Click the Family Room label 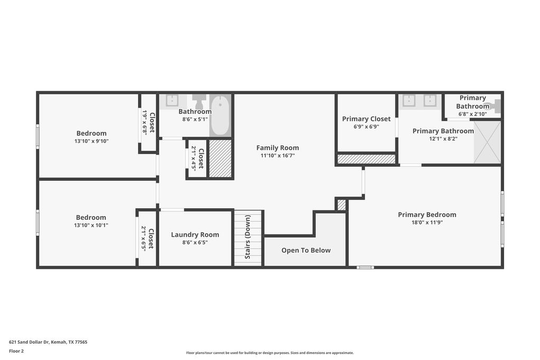point(277,148)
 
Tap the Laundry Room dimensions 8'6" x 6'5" point(195,242)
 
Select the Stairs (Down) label point(248,237)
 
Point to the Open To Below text point(306,250)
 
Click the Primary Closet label point(367,119)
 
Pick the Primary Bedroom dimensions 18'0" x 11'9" point(427,222)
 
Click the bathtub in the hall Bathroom point(220,115)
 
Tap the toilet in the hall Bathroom point(198,101)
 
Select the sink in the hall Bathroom point(171,100)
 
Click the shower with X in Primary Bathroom point(487,142)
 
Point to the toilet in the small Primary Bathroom point(495,106)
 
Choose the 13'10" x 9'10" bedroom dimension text point(92,141)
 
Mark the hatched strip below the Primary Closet point(367,159)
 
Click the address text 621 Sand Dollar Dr point(30,342)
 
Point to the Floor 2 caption point(16,351)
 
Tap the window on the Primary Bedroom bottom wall point(365,267)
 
